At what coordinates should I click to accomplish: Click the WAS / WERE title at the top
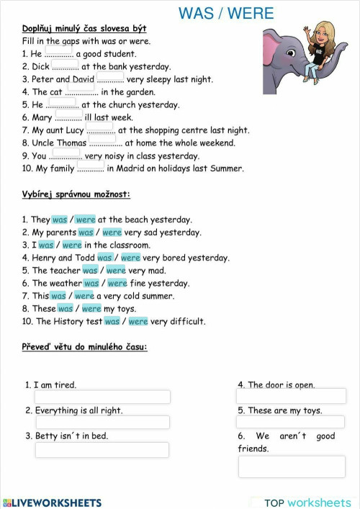(226, 13)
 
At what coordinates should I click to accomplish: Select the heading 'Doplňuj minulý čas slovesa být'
(84, 28)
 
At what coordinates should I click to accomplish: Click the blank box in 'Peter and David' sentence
(109, 78)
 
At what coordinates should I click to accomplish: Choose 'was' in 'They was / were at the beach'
(59, 220)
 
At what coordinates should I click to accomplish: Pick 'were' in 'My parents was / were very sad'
(112, 233)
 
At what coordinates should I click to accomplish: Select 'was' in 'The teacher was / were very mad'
(90, 271)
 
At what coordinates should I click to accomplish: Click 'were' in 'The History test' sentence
(138, 322)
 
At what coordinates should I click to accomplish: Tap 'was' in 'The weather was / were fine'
(91, 284)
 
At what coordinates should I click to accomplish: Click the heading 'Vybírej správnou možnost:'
(76, 194)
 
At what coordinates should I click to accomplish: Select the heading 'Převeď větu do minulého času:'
(85, 347)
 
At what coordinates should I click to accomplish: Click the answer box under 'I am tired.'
(102, 397)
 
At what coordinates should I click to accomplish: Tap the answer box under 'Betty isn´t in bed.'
(102, 449)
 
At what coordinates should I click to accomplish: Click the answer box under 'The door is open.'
(292, 397)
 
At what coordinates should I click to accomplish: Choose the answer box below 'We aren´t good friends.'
(292, 467)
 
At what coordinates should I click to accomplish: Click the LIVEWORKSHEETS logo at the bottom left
(52, 503)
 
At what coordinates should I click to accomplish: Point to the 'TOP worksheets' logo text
(307, 503)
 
